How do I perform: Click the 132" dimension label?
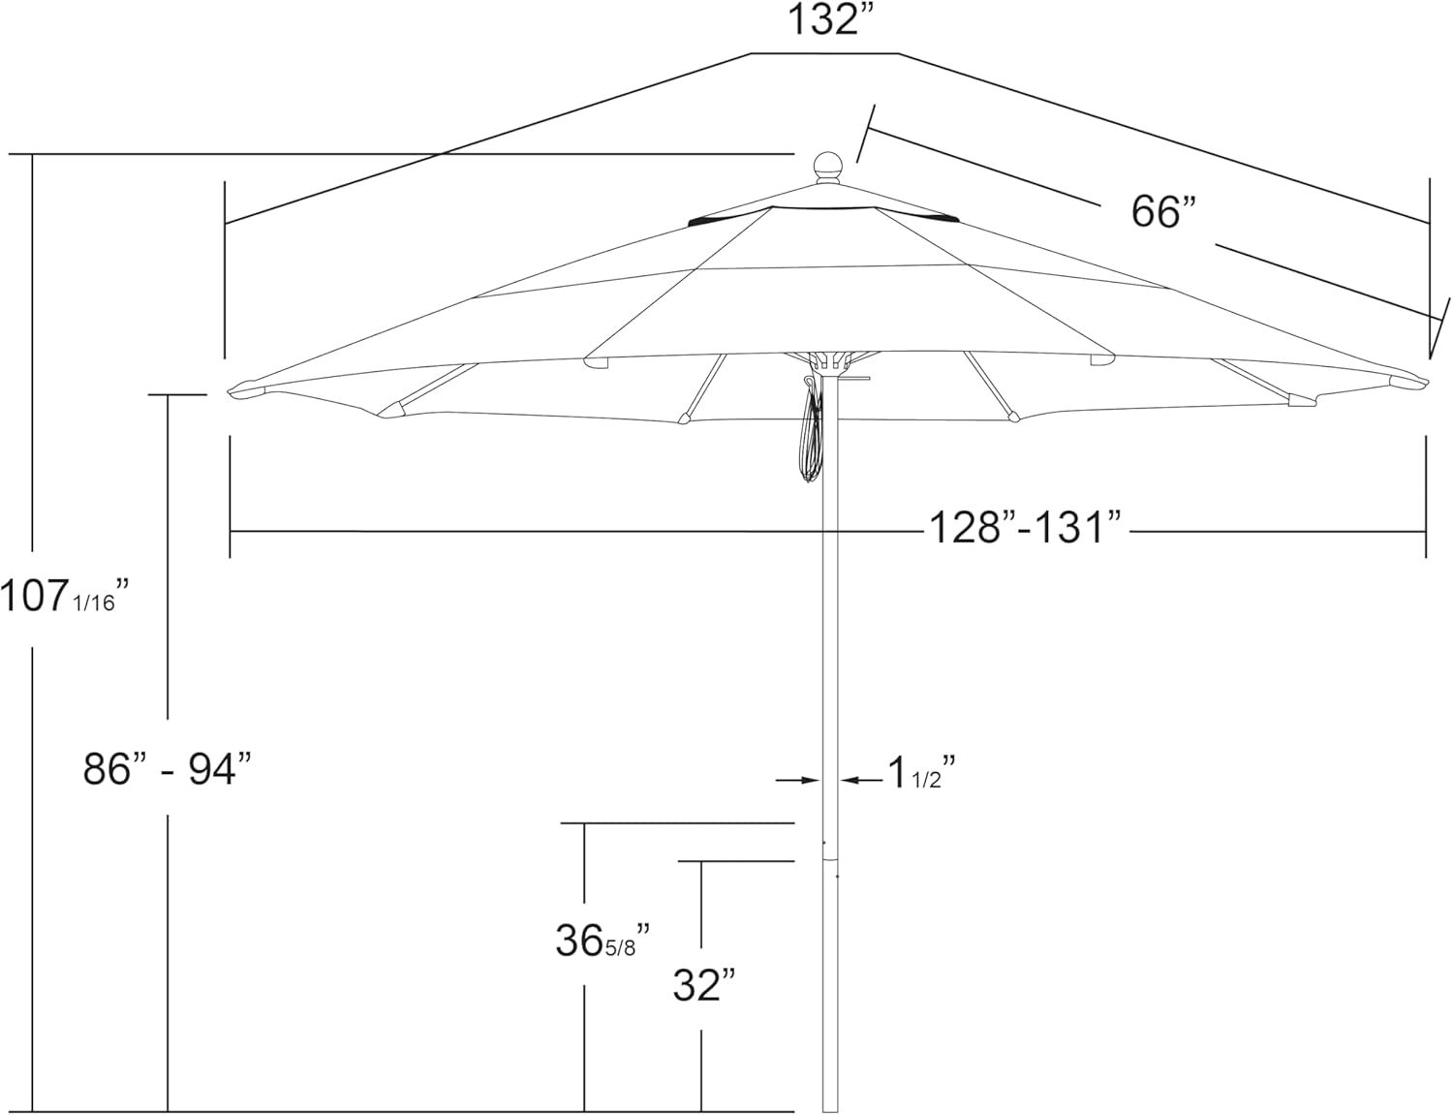click(824, 19)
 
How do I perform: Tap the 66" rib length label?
click(1163, 210)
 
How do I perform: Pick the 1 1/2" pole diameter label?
click(921, 774)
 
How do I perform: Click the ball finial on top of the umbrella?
click(828, 168)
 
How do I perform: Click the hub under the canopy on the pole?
click(829, 362)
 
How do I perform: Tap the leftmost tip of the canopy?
click(232, 391)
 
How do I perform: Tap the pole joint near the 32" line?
click(830, 858)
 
